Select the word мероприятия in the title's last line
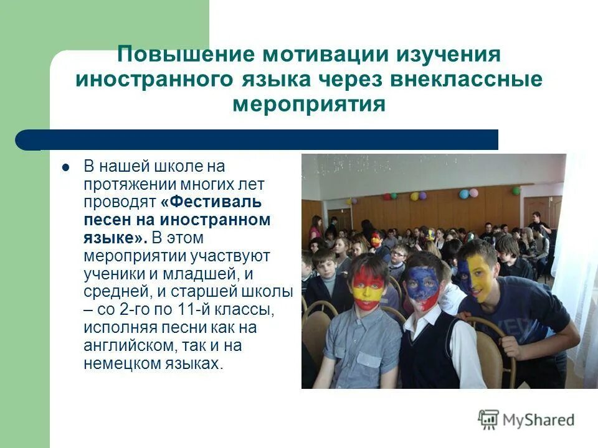(x=309, y=103)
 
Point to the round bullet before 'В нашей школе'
(x=65, y=167)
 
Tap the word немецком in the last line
(x=116, y=363)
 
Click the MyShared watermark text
(x=538, y=420)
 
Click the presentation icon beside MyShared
(x=488, y=419)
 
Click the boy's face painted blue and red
(x=423, y=288)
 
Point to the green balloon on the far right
(x=516, y=190)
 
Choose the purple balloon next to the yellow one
(x=423, y=195)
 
